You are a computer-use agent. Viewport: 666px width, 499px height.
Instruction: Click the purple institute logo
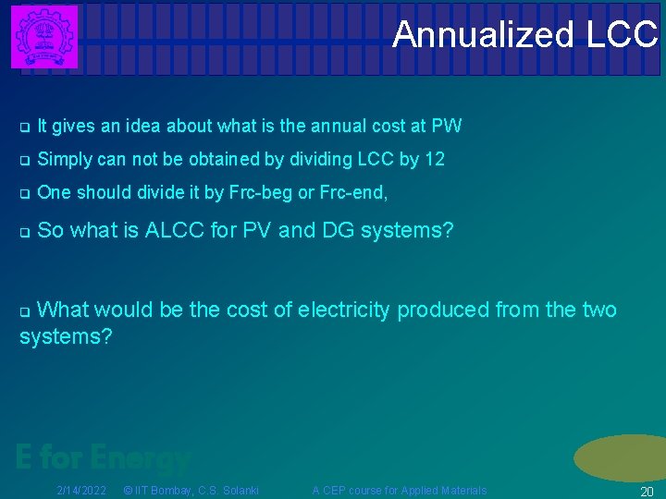click(x=43, y=36)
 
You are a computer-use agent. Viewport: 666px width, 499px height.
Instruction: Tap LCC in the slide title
click(x=622, y=35)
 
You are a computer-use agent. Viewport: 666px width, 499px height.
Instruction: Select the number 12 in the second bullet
click(x=434, y=159)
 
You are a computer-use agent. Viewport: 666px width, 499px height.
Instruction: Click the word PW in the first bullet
click(x=447, y=126)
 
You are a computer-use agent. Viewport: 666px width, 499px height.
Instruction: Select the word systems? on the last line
click(x=66, y=336)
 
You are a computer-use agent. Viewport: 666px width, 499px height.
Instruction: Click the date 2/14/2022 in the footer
click(x=81, y=490)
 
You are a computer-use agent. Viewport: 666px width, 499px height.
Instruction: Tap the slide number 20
click(x=647, y=491)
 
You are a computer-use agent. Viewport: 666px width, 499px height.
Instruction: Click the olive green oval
click(x=621, y=457)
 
